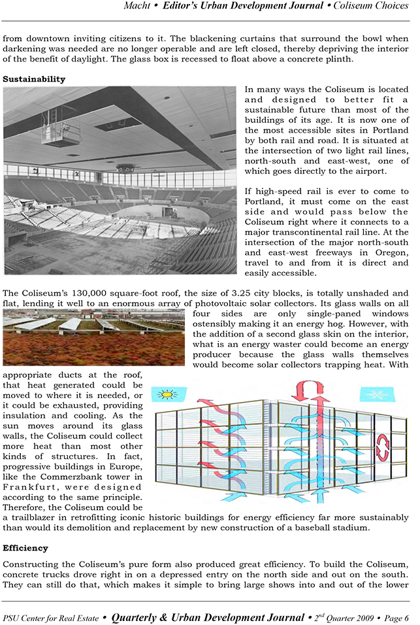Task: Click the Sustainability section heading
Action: (x=34, y=79)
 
